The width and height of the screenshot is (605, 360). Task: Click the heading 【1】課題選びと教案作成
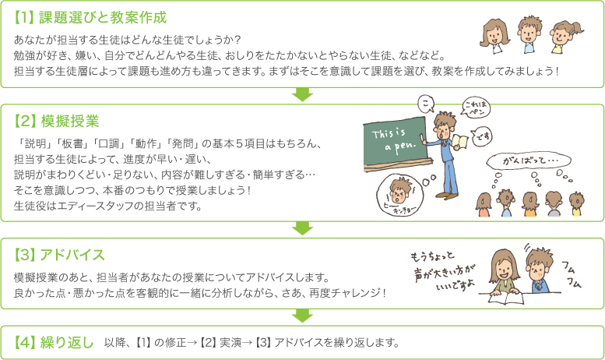pos(90,18)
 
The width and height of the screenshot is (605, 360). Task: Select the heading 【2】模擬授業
pos(56,122)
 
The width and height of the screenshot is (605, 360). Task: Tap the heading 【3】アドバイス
pos(59,255)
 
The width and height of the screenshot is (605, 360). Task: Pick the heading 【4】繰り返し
pos(54,343)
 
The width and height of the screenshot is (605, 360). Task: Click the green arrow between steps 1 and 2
pos(302,94)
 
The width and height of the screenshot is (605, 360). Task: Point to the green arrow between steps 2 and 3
pos(302,228)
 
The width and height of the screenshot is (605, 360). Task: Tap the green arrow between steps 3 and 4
pos(302,316)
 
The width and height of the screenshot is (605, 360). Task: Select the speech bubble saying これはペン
pos(476,108)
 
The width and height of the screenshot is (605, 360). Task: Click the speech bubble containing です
pos(482,136)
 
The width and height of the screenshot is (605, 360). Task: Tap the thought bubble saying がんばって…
pos(528,161)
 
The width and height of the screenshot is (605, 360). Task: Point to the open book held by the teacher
pos(459,141)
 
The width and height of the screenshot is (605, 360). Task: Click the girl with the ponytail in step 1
pos(565,37)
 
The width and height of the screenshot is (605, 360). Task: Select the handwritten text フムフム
pos(572,274)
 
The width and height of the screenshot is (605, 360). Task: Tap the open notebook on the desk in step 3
pos(506,298)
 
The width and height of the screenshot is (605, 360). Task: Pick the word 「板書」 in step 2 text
pos(72,143)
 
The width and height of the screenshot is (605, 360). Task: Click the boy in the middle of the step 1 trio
pos(529,34)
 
